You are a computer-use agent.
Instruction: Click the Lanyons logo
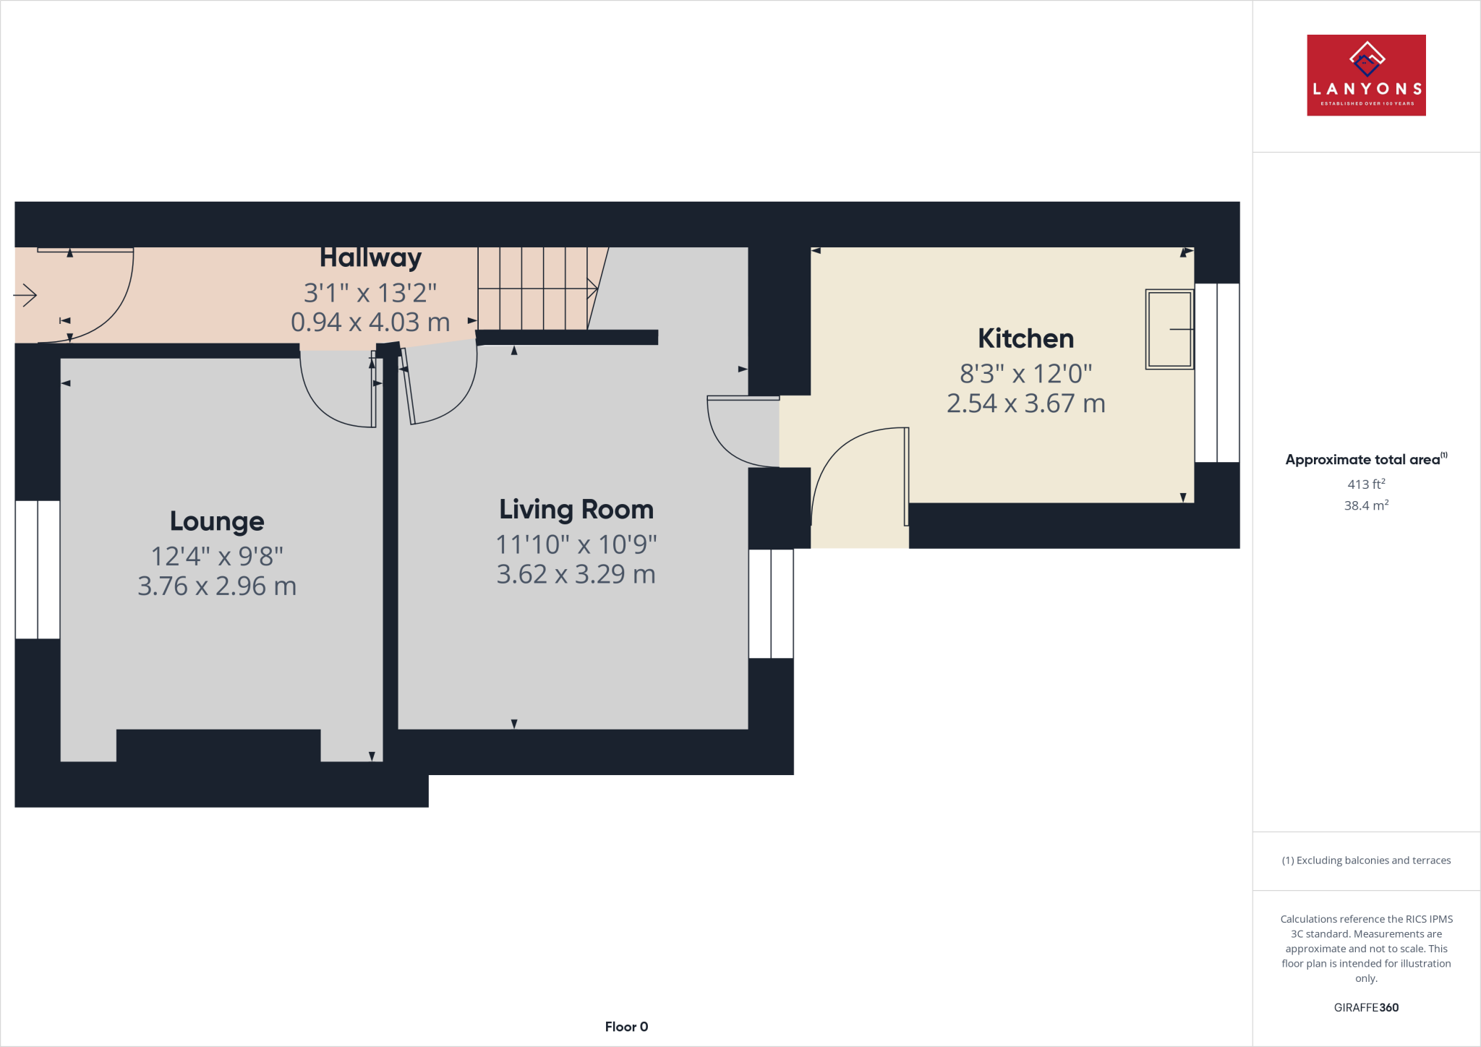(x=1366, y=75)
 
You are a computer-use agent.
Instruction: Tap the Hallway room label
(x=370, y=257)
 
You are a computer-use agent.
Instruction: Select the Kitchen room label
(x=1025, y=338)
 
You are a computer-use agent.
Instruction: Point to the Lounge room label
(x=217, y=521)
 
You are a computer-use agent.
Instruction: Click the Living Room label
(x=576, y=509)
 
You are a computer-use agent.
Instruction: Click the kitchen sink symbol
(x=1169, y=329)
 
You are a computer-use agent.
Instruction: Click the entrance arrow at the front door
(x=25, y=295)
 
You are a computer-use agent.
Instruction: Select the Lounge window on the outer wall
(x=38, y=570)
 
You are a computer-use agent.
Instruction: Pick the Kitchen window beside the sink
(x=1217, y=372)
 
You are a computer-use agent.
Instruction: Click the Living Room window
(x=771, y=604)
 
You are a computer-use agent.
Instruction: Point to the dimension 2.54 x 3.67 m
(x=1025, y=403)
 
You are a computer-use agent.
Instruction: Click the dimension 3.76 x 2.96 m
(x=217, y=586)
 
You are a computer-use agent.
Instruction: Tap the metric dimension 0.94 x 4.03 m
(x=370, y=322)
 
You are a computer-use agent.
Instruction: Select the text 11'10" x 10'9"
(x=576, y=544)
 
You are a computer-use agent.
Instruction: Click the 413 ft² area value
(x=1366, y=484)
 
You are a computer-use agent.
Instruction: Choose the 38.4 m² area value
(x=1366, y=505)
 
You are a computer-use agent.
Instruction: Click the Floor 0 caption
(x=626, y=1027)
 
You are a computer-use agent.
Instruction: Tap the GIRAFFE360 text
(x=1366, y=1007)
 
